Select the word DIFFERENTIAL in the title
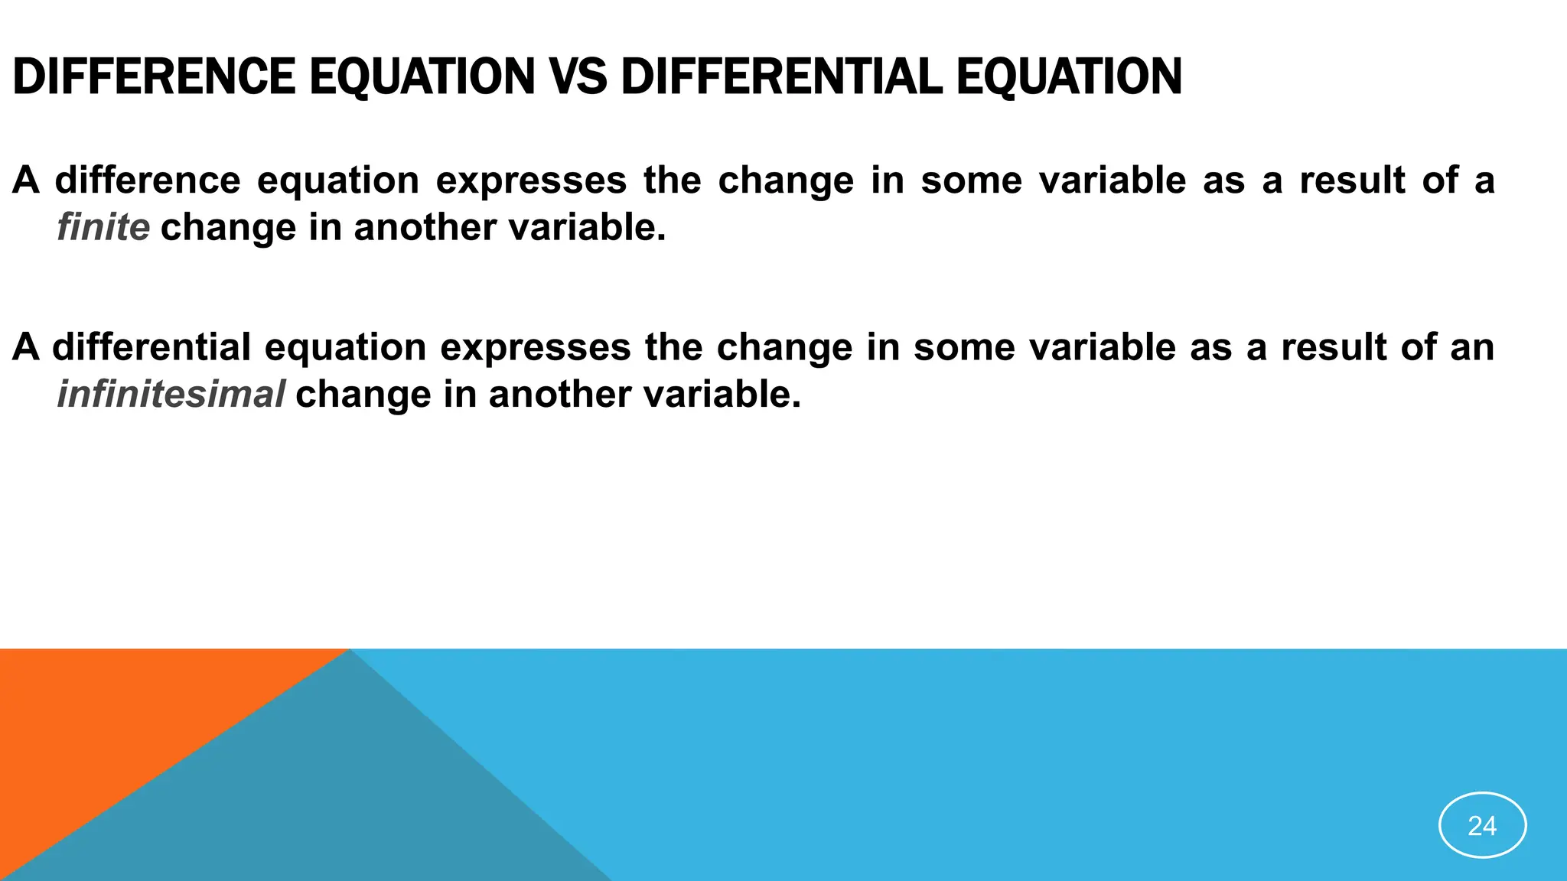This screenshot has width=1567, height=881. [781, 76]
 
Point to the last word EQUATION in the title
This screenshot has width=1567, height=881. [1069, 76]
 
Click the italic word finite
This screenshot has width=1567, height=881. [103, 227]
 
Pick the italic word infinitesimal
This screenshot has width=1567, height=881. [171, 394]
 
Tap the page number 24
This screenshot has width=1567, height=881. [1482, 825]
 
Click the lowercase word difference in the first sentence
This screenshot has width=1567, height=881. [148, 180]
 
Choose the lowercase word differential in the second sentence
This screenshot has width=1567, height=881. [151, 346]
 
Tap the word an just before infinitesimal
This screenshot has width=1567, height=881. [1472, 346]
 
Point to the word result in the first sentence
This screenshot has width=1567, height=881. [1352, 180]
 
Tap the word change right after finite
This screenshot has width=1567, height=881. [228, 227]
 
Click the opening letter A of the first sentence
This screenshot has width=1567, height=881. [25, 180]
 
